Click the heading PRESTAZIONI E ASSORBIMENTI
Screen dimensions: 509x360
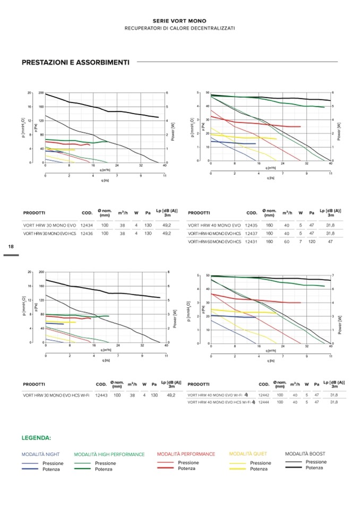(75, 62)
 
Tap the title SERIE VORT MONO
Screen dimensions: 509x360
(179, 21)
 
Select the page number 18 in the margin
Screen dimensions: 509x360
(11, 247)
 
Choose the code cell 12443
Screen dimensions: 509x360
(101, 395)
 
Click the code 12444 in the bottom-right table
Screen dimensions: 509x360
(263, 402)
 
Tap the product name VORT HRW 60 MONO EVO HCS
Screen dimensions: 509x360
(215, 241)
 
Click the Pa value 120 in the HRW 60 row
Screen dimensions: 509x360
(312, 241)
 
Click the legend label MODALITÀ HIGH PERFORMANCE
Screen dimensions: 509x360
(109, 454)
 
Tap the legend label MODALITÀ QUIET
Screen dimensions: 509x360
(248, 454)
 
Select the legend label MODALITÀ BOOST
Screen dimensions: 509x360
(305, 454)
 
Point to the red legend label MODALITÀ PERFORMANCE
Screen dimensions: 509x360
(186, 454)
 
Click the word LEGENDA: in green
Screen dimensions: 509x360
(37, 438)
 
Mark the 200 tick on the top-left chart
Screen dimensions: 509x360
(41, 93)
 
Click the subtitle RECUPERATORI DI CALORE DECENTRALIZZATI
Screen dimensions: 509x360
(179, 28)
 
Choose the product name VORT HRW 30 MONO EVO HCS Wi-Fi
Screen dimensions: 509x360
(56, 395)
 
